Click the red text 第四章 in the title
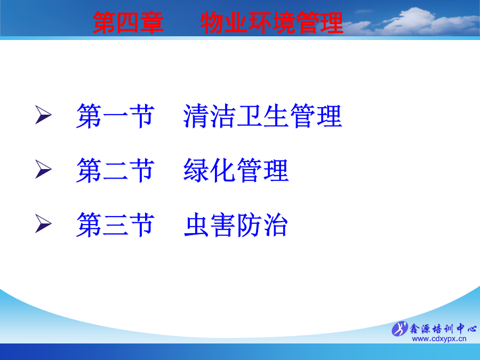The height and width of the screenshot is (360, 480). tap(128, 22)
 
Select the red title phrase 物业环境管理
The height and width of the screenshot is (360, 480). tap(272, 22)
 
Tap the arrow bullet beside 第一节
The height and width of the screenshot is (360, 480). tap(43, 115)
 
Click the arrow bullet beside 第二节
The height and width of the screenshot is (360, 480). tap(43, 169)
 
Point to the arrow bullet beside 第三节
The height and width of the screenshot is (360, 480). tap(43, 223)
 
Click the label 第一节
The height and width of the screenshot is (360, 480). tap(115, 116)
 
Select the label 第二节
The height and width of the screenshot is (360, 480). tap(115, 170)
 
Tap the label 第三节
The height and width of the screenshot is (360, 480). tap(115, 225)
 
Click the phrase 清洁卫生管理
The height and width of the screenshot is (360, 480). tap(262, 116)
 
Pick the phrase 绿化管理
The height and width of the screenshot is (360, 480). tap(236, 170)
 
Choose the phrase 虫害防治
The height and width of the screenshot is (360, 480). tap(236, 225)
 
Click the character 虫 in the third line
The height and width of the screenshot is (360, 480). tap(196, 225)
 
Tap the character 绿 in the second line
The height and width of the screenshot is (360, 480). tap(196, 170)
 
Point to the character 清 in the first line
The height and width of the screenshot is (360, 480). tap(196, 116)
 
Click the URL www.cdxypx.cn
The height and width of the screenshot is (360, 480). tap(439, 339)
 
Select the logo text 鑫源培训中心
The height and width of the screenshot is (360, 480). tap(443, 329)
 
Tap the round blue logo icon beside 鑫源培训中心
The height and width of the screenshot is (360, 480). tap(400, 329)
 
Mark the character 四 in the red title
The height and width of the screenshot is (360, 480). tap(128, 22)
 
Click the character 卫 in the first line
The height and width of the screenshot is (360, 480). tap(250, 116)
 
